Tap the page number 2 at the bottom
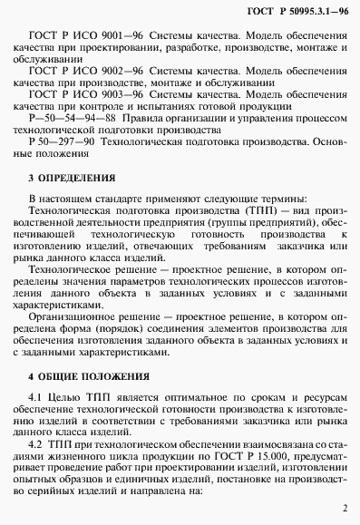tap(345, 510)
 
